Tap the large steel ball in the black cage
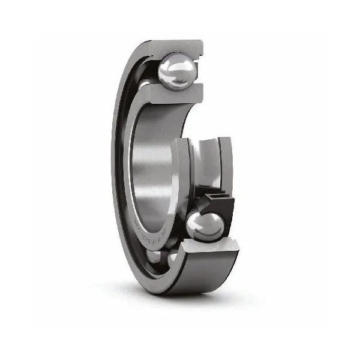click(x=205, y=227)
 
